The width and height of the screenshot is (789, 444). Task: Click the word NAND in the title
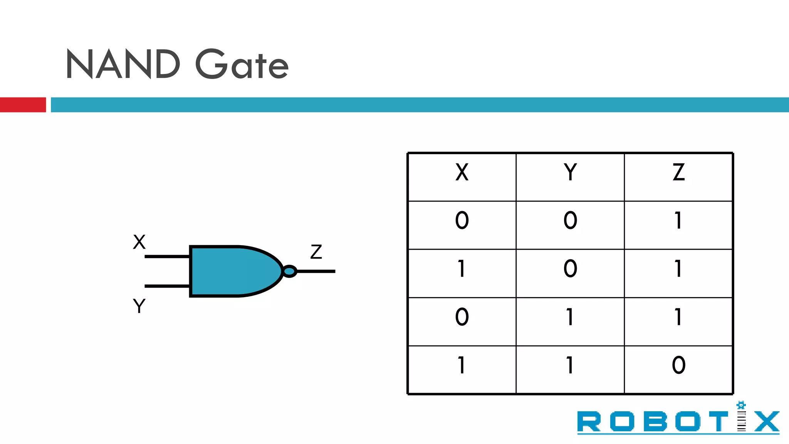(x=123, y=64)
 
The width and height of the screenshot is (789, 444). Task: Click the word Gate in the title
(x=242, y=64)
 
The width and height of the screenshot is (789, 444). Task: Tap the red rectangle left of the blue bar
(x=23, y=105)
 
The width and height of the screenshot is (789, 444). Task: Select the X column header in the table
(x=462, y=172)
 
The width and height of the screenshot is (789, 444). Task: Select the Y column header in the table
(x=570, y=172)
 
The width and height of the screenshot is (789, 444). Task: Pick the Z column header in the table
(x=678, y=172)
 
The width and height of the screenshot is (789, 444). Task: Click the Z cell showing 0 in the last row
(x=678, y=365)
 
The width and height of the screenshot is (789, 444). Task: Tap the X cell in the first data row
(x=462, y=220)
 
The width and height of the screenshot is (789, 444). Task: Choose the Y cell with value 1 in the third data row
(x=570, y=317)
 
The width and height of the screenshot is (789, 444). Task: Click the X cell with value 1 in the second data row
(x=462, y=269)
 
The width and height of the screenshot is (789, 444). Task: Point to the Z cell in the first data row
(x=678, y=220)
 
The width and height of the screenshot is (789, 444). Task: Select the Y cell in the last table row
(x=570, y=365)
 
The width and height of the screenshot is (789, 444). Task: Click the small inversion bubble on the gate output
(x=289, y=271)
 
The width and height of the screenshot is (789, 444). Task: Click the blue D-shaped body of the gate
(x=231, y=271)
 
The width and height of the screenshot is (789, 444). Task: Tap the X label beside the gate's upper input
(x=139, y=242)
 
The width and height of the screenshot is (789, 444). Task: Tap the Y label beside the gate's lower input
(x=139, y=306)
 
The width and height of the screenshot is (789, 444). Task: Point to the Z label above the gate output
(x=316, y=252)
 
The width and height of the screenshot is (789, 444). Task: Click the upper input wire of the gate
(x=167, y=256)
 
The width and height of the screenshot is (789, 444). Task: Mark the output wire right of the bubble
(x=316, y=271)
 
